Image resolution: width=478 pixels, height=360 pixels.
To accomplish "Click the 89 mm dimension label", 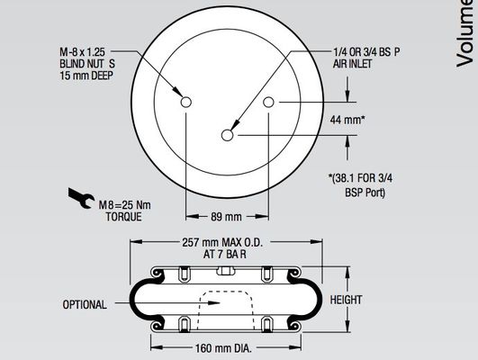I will tap(227, 217).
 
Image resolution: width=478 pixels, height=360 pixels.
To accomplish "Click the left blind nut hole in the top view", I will tap(186, 103).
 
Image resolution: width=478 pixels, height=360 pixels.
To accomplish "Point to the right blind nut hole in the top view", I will tap(268, 103).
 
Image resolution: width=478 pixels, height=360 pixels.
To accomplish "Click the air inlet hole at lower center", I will tap(228, 136).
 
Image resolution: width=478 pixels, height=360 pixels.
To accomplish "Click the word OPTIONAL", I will tap(85, 304).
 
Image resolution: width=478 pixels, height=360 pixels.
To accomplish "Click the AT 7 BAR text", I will tap(224, 255).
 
